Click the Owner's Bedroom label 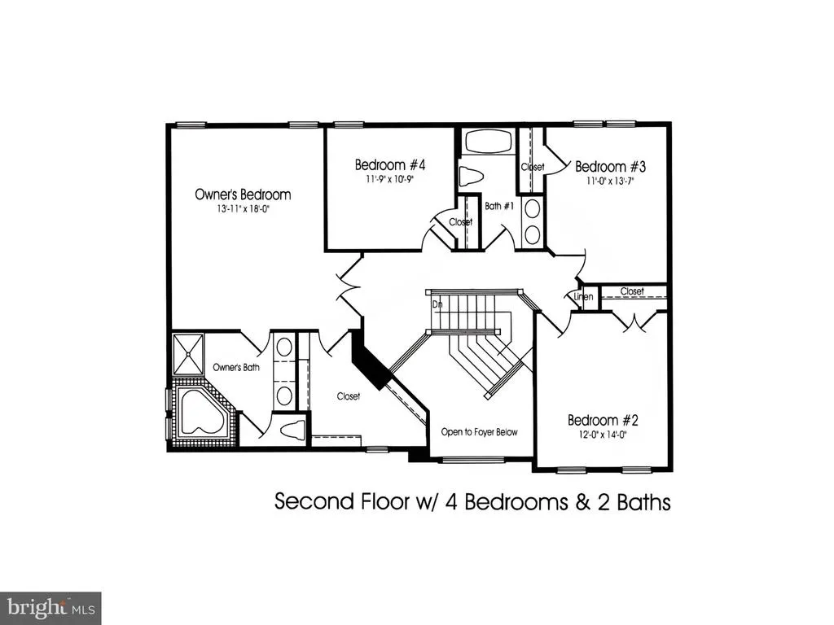tap(243, 194)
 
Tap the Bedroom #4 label tap(390, 164)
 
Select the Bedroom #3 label tap(611, 166)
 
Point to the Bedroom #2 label tap(603, 421)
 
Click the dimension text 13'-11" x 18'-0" tap(243, 209)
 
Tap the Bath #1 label tap(499, 206)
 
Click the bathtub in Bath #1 tap(489, 142)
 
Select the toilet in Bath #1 tap(470, 176)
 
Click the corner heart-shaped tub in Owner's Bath tap(203, 411)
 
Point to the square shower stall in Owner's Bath tap(187, 355)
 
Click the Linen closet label tap(583, 296)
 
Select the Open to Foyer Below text tap(479, 432)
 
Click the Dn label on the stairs tap(437, 304)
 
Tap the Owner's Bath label tap(236, 367)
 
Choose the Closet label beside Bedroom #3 tap(533, 167)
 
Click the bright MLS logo tap(50, 608)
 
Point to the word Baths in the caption tap(643, 501)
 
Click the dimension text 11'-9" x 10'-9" tap(390, 179)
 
